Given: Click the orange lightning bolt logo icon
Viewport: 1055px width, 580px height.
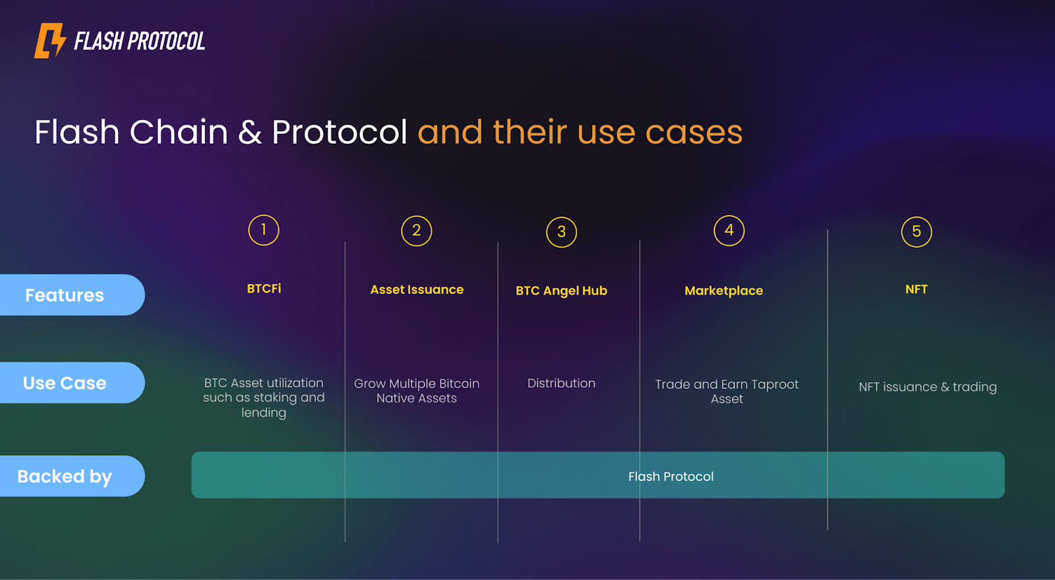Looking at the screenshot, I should pyautogui.click(x=50, y=41).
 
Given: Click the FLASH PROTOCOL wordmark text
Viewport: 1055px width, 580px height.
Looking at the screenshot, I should pyautogui.click(x=139, y=42).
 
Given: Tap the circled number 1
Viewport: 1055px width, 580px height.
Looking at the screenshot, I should pyautogui.click(x=264, y=230).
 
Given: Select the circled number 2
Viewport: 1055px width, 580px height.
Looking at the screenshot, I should pyautogui.click(x=417, y=231).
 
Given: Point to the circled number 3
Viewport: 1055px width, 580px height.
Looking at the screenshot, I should pyautogui.click(x=562, y=232).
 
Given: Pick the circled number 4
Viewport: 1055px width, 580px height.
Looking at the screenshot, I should pyautogui.click(x=729, y=230).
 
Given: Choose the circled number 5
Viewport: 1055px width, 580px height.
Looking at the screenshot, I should pyautogui.click(x=917, y=232).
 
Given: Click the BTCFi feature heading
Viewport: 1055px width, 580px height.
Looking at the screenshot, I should pyautogui.click(x=264, y=289).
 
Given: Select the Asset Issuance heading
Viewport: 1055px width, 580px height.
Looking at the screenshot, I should pyautogui.click(x=417, y=289).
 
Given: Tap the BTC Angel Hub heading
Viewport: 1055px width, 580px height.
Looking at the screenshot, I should pyautogui.click(x=561, y=291).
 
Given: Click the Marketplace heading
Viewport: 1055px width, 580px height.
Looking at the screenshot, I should pyautogui.click(x=723, y=291).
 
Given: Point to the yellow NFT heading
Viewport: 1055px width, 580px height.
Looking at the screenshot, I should pyautogui.click(x=917, y=289).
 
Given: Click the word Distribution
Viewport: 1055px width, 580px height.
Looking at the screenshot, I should pyautogui.click(x=561, y=383).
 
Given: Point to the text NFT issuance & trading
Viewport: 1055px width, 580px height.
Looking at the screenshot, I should pyautogui.click(x=927, y=387).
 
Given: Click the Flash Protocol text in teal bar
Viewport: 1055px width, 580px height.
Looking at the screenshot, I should pyautogui.click(x=671, y=477).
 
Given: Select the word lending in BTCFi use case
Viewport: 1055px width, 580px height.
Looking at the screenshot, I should pyautogui.click(x=264, y=413).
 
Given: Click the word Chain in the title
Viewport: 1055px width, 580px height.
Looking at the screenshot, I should pyautogui.click(x=179, y=132).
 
